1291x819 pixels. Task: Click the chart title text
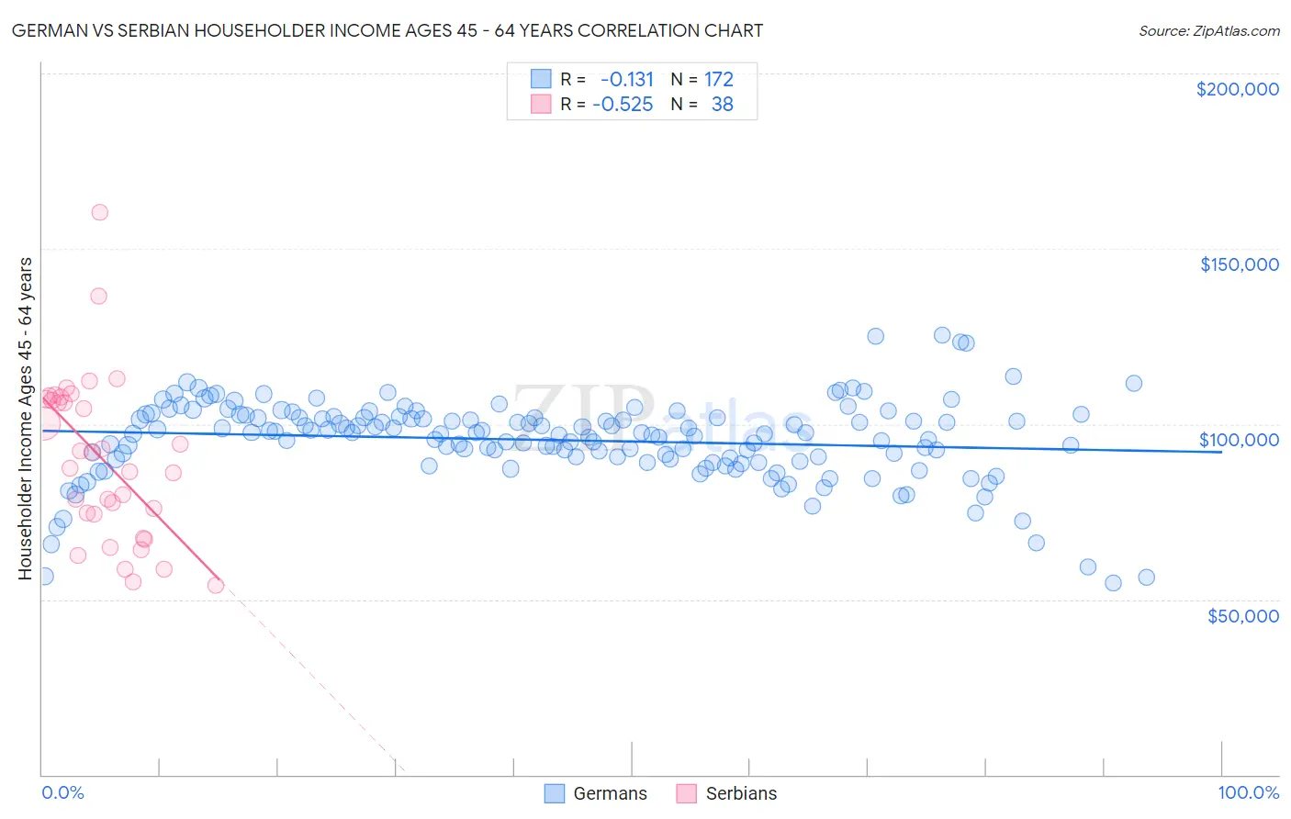[387, 30]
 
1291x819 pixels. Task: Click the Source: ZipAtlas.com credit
[1208, 30]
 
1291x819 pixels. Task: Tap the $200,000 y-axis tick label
[1237, 89]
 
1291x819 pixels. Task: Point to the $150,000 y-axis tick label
[1239, 264]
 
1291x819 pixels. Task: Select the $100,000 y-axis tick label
[1239, 440]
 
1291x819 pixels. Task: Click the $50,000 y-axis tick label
[1242, 615]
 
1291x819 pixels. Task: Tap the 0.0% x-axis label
[62, 792]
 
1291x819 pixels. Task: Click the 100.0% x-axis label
[1248, 792]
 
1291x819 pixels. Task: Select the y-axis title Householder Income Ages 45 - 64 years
[25, 419]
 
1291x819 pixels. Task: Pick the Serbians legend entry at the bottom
[727, 793]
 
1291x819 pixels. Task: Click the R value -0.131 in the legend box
[626, 79]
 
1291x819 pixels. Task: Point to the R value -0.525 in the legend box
[623, 104]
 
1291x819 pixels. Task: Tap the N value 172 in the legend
[719, 79]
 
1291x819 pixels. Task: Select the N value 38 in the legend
[722, 104]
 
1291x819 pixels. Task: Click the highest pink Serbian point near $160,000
[100, 212]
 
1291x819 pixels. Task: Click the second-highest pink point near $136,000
[98, 296]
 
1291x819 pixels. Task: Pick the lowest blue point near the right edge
[1113, 583]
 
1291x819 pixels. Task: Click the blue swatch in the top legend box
[541, 79]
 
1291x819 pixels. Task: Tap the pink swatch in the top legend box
[541, 104]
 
